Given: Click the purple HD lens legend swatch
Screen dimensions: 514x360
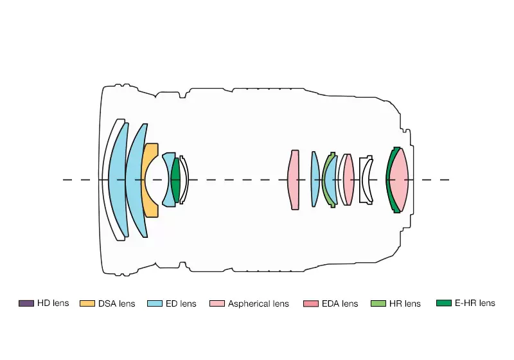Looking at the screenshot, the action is tap(26, 303).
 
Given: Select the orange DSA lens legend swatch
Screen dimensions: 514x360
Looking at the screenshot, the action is tap(87, 303).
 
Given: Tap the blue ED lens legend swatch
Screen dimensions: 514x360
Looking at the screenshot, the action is tap(155, 303).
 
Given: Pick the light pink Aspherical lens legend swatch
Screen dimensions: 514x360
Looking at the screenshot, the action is tap(217, 303).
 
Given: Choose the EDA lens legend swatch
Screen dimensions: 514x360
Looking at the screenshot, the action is tap(311, 303).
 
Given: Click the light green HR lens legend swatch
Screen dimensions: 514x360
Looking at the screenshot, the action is tap(378, 303).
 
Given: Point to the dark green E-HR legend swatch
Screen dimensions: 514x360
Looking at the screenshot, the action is tap(444, 303).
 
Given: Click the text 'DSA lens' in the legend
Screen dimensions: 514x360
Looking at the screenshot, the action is tap(117, 303).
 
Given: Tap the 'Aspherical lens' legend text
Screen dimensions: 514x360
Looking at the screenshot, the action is tap(258, 303).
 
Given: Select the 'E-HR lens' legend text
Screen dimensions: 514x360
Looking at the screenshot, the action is tap(475, 303).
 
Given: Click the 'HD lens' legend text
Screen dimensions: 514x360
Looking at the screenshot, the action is tap(53, 303).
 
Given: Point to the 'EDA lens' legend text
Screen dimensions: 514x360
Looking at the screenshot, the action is tap(340, 303).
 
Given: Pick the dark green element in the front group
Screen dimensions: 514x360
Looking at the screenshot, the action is tap(175, 179).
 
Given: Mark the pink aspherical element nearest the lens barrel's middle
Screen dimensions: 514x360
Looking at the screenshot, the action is tap(294, 179).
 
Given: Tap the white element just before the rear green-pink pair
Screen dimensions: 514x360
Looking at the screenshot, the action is tap(362, 179).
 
